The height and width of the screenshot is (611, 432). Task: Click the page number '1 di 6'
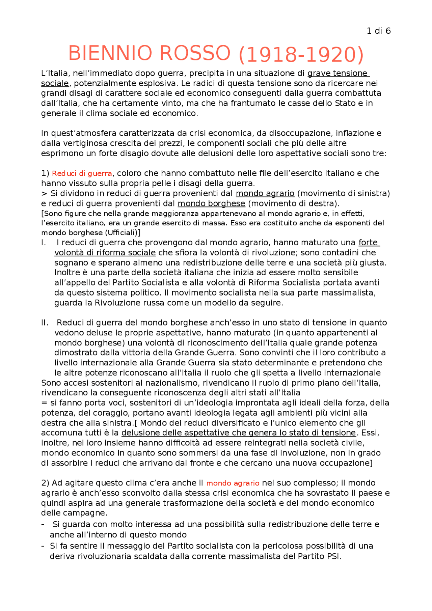tap(378, 31)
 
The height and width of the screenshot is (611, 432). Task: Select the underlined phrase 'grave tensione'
tap(337, 74)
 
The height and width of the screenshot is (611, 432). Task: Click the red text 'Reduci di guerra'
tap(82, 173)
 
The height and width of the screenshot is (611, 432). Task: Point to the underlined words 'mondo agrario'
tap(265, 194)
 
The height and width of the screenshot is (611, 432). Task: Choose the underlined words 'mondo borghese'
tap(211, 204)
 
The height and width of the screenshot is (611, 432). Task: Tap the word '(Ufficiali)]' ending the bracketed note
tap(123, 233)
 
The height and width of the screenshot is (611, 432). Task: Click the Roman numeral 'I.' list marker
tap(43, 243)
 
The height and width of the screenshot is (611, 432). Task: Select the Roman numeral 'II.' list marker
tap(45, 323)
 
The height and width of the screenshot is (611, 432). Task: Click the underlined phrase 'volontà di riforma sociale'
tap(105, 253)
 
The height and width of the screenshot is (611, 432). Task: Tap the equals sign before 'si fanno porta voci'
tap(44, 403)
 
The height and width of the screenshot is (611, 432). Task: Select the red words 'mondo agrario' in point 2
tap(233, 483)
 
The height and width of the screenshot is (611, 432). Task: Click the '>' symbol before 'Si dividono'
tap(44, 194)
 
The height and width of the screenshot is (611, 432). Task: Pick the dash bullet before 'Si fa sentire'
tap(43, 546)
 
